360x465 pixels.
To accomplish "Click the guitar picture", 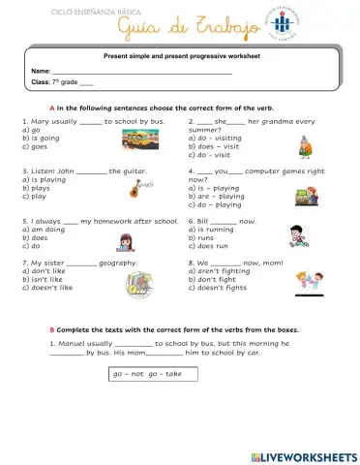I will [139, 186].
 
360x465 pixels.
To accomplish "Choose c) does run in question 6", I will [214, 246].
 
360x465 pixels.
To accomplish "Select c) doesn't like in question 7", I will [46, 288].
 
